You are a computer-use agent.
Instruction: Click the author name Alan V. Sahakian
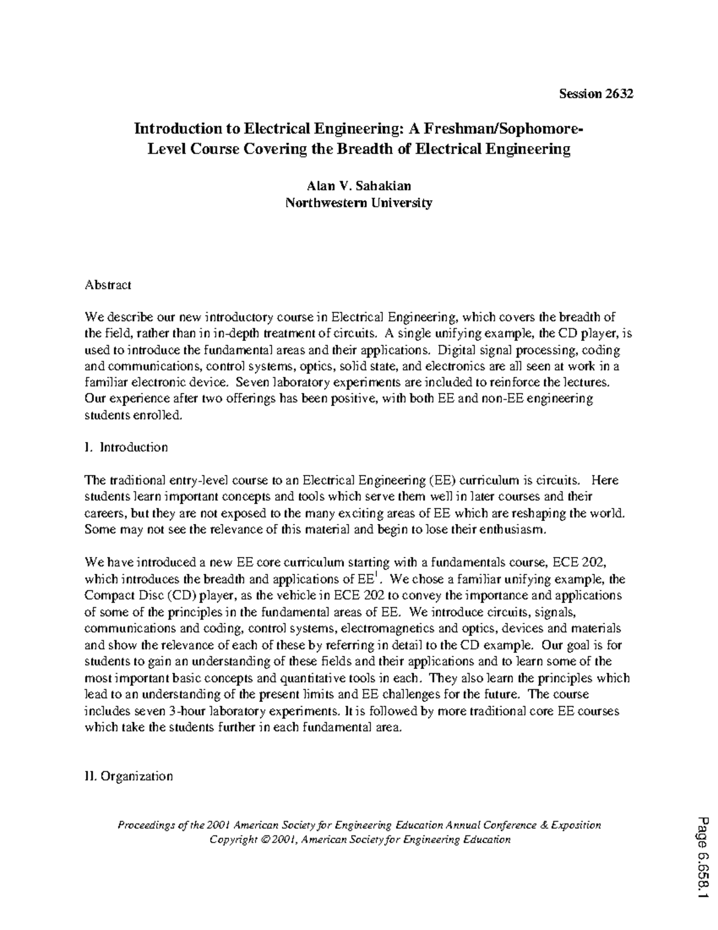[x=358, y=186]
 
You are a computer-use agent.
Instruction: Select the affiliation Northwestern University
[x=358, y=202]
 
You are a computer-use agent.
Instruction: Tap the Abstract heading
[x=108, y=284]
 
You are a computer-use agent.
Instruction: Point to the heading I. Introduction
[x=126, y=447]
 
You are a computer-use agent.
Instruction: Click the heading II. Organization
[x=129, y=776]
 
